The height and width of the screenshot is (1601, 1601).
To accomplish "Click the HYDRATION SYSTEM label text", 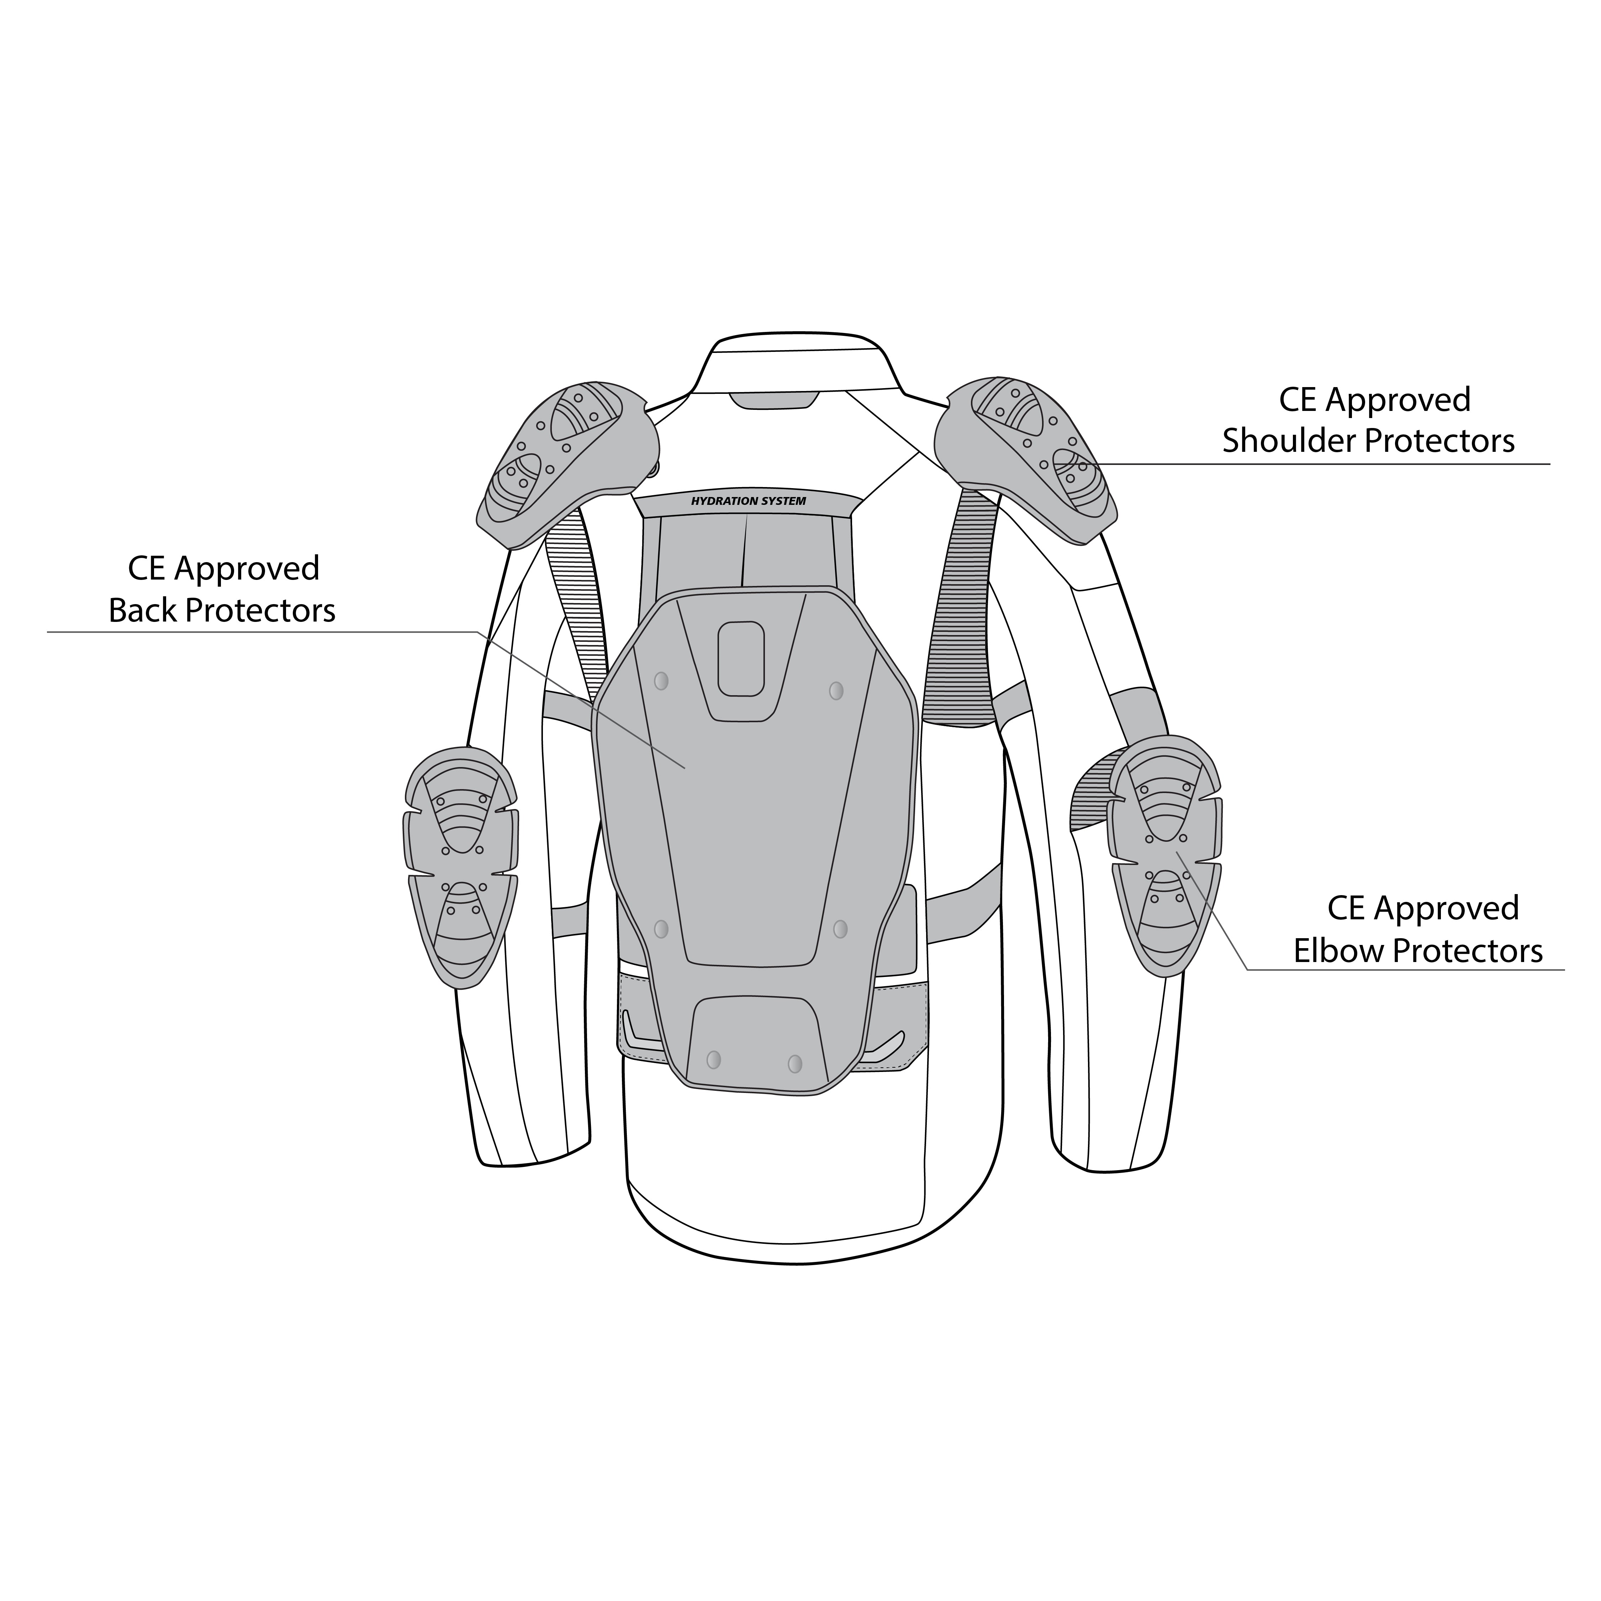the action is [748, 501].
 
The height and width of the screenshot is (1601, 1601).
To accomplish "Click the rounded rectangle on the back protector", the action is [741, 659].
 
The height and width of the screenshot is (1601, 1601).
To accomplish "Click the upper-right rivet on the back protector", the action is [836, 690].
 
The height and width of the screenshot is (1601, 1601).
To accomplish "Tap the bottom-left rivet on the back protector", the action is [713, 1059].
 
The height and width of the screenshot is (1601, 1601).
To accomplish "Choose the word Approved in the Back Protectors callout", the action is [247, 569].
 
